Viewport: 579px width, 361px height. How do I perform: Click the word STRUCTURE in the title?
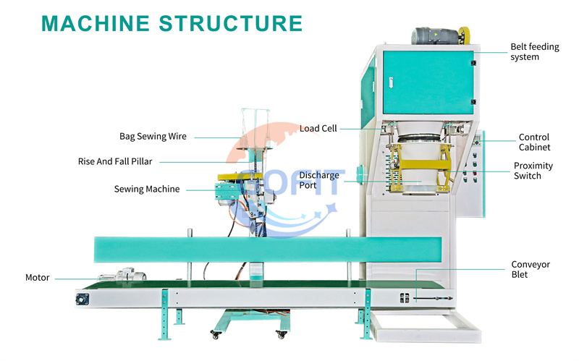pyautogui.click(x=231, y=24)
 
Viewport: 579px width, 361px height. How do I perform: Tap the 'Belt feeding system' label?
pyautogui.click(x=535, y=51)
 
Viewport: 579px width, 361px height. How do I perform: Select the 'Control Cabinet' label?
pyautogui.click(x=534, y=142)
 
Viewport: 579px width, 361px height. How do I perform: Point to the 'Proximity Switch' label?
pyautogui.click(x=533, y=171)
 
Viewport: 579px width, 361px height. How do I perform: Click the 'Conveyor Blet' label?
pyautogui.click(x=531, y=269)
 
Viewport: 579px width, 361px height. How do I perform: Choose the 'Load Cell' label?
pyautogui.click(x=318, y=129)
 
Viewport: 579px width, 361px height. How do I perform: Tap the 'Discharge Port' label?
pyautogui.click(x=319, y=180)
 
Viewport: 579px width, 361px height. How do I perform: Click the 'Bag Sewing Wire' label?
pyautogui.click(x=153, y=137)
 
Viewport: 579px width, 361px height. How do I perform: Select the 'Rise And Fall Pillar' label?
pyautogui.click(x=115, y=161)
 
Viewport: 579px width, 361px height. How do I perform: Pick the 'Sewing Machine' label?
pyautogui.click(x=147, y=189)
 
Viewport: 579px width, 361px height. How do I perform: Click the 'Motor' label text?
pyautogui.click(x=38, y=278)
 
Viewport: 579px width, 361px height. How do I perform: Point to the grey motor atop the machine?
pyautogui.click(x=436, y=36)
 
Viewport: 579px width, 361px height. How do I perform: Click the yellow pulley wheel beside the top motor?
pyautogui.click(x=464, y=35)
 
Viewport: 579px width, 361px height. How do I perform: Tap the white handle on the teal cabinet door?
pyautogui.click(x=391, y=82)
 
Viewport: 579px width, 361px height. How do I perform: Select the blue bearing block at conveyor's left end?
pyautogui.click(x=82, y=299)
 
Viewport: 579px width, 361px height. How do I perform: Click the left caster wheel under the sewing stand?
pyautogui.click(x=215, y=335)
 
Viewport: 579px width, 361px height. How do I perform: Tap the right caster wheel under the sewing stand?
pyautogui.click(x=282, y=335)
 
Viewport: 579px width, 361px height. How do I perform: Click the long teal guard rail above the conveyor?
pyautogui.click(x=268, y=250)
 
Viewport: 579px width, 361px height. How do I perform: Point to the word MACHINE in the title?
pyautogui.click(x=96, y=24)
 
